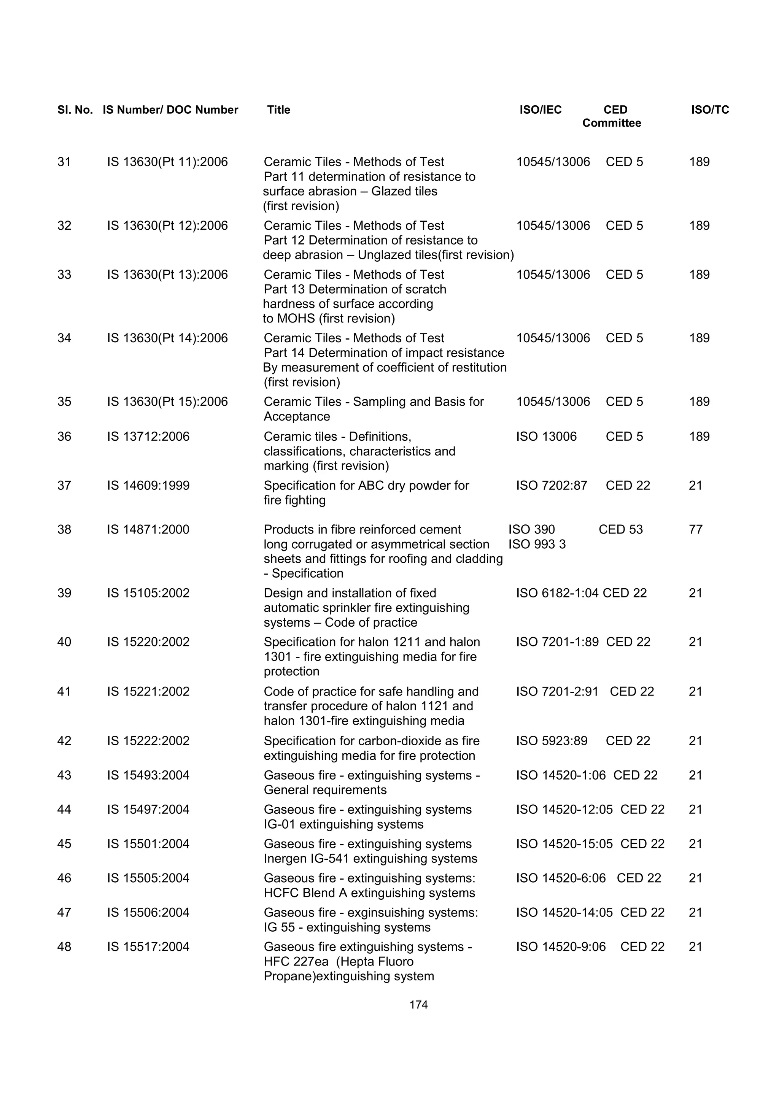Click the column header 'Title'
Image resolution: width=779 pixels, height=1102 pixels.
(278, 110)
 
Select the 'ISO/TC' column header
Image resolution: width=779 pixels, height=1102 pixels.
(709, 110)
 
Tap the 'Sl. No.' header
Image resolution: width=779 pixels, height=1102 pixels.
(75, 110)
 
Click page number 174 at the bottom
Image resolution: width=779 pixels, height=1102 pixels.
(418, 1005)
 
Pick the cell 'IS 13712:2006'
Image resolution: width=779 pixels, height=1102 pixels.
(148, 436)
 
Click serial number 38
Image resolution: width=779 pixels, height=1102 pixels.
(64, 529)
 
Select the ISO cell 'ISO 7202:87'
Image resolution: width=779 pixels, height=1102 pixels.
(552, 485)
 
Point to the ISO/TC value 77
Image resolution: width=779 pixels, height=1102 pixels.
(695, 529)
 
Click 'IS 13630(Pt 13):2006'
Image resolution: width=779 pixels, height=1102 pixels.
(167, 275)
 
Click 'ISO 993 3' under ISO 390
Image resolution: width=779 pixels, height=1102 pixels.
(537, 544)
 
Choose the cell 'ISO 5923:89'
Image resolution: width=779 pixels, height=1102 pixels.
(552, 741)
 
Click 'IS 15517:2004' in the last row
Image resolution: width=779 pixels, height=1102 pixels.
(148, 946)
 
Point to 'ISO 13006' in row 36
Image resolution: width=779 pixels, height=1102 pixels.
(546, 436)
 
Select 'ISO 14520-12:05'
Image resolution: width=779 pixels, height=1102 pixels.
(564, 809)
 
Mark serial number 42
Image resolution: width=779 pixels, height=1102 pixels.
(64, 741)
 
